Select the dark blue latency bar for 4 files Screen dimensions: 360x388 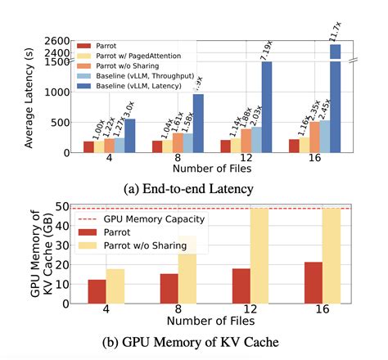click(129, 136)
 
